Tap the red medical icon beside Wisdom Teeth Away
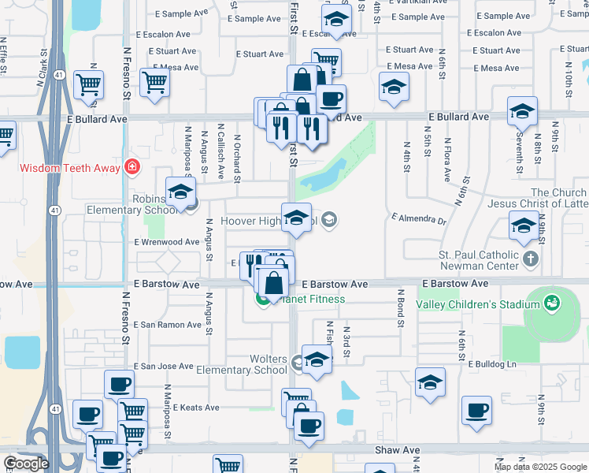point(132,168)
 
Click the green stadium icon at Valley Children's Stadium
point(551,303)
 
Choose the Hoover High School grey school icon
point(329,221)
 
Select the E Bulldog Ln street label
point(492,364)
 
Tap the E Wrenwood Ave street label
point(167,242)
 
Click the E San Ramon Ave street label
point(163,324)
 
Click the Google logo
point(25,464)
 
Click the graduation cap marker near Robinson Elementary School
point(180,192)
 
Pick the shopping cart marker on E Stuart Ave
point(325,61)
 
